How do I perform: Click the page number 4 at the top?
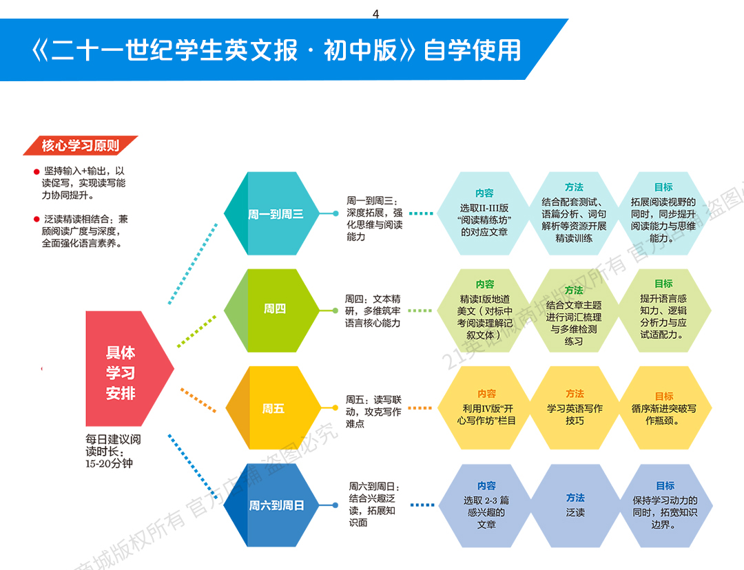pos(375,14)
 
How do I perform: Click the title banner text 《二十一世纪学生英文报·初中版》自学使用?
pos(276,50)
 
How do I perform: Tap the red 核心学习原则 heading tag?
pos(80,146)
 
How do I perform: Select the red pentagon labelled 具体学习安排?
pos(123,372)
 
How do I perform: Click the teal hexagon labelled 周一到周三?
pos(275,214)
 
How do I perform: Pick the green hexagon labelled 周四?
pos(274,310)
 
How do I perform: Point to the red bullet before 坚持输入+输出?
pos(37,171)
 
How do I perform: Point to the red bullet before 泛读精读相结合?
pos(37,220)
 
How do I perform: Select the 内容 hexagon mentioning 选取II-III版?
pos(484,213)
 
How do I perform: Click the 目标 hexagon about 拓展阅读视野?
pos(663,213)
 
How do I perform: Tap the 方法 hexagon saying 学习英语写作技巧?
pos(575,408)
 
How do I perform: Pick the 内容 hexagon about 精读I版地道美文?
pos(484,310)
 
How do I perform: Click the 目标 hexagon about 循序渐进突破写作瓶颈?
pos(663,408)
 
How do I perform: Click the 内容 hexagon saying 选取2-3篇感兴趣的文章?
pos(486,506)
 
